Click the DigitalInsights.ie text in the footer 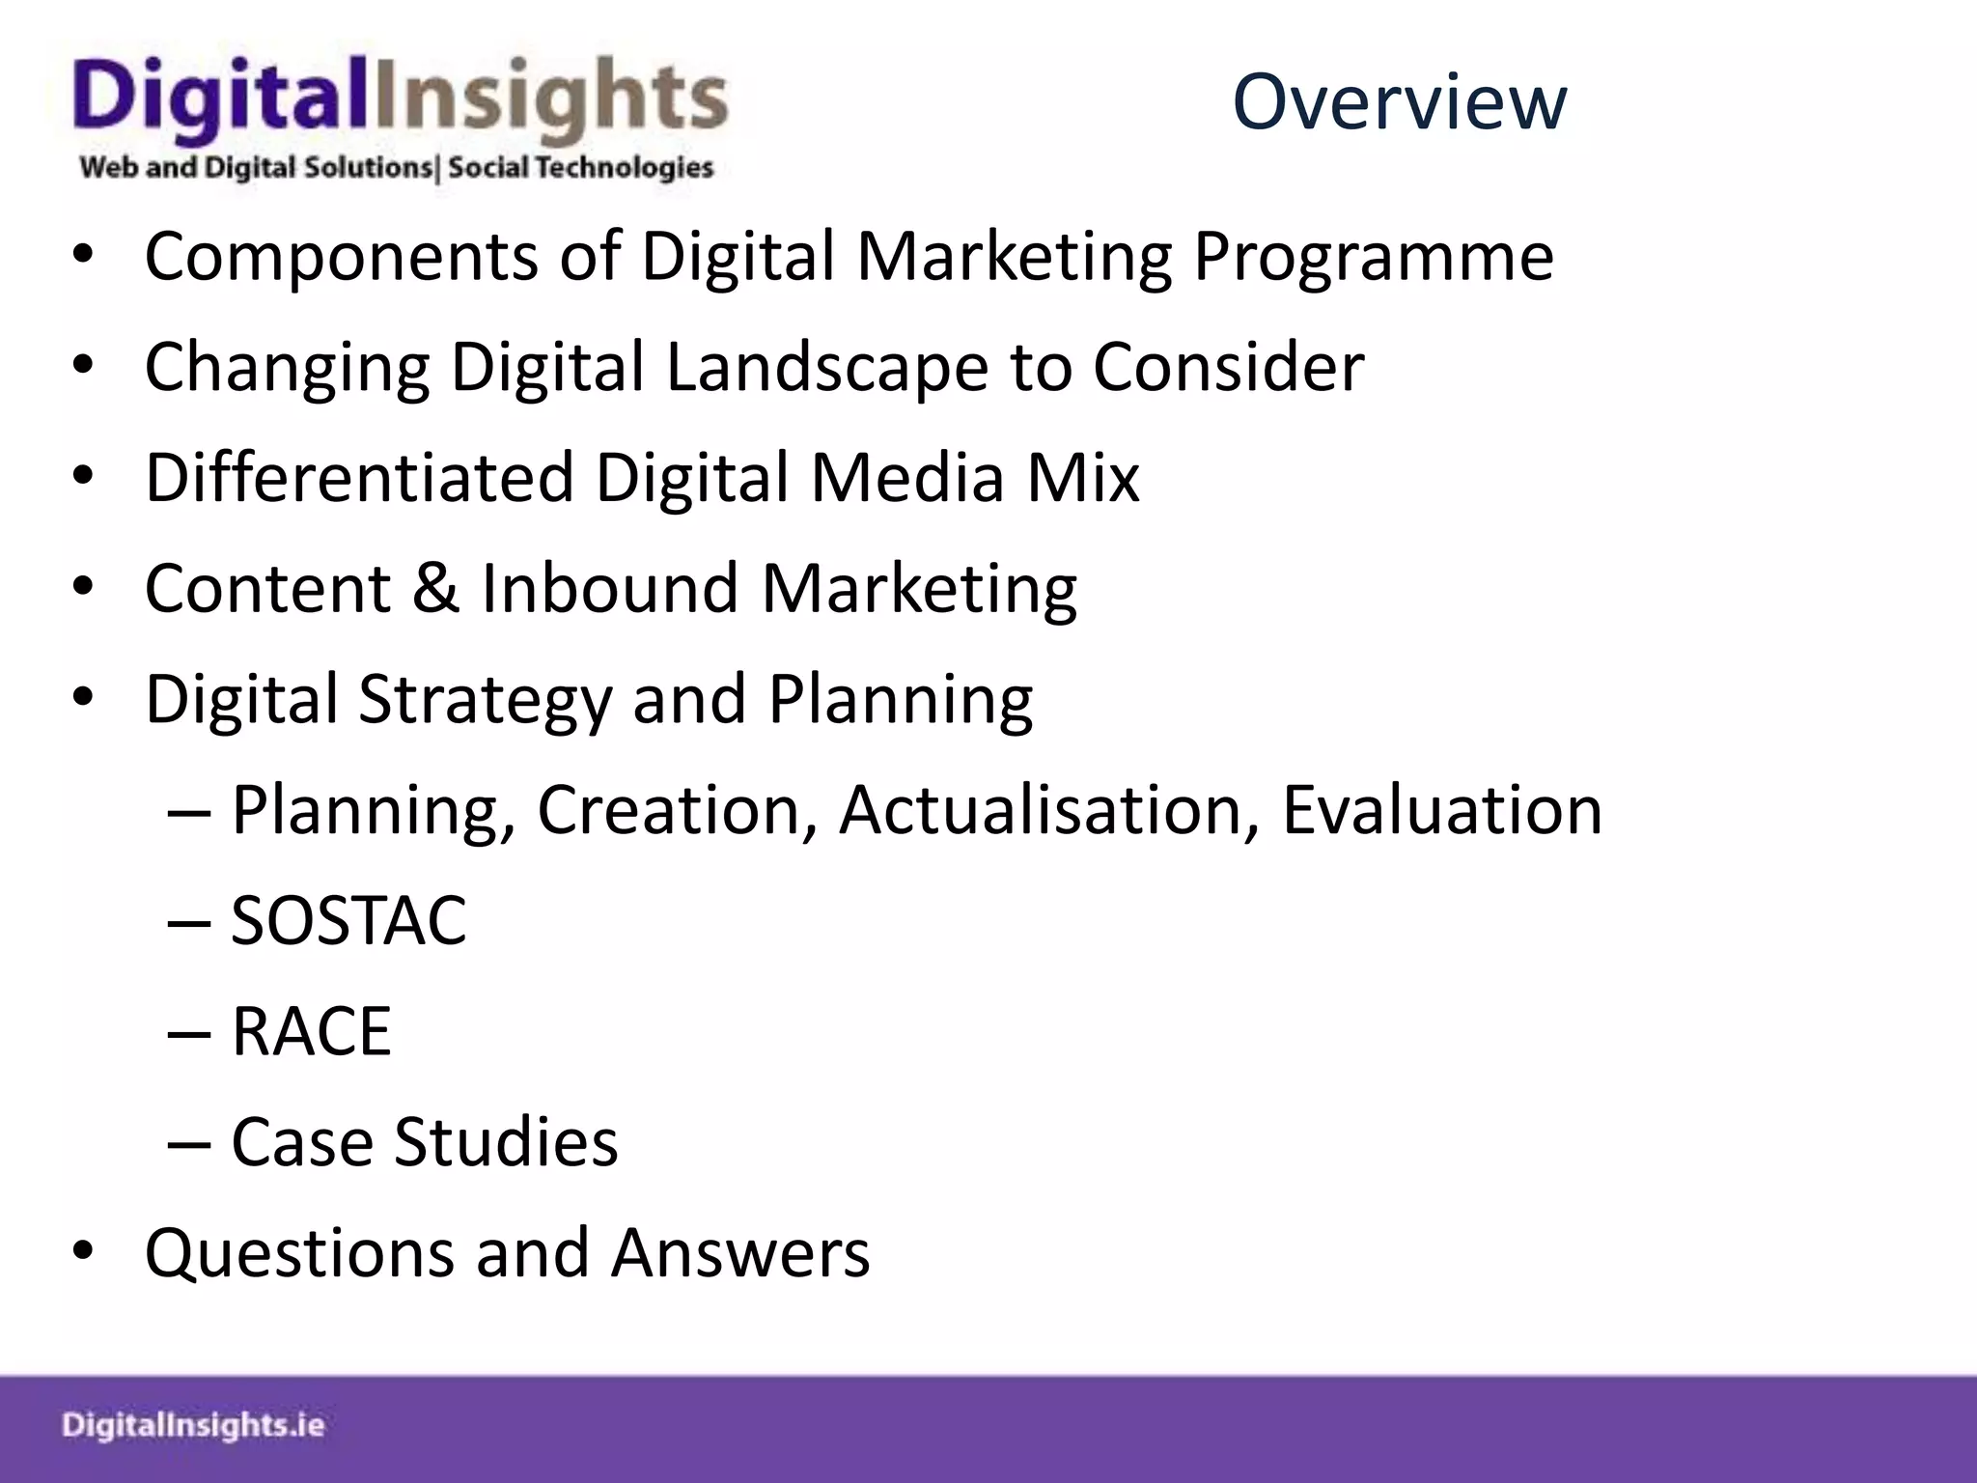tap(193, 1426)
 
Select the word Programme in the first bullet tap(1373, 259)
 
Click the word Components tap(341, 259)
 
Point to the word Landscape tap(826, 369)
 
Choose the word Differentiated tap(359, 478)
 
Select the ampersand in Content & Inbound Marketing tap(436, 588)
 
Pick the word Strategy tap(485, 700)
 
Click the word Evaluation tap(1442, 809)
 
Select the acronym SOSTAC tap(348, 920)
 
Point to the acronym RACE tap(311, 1031)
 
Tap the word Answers tap(740, 1252)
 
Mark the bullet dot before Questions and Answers tap(83, 1252)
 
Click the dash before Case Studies tap(189, 1143)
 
